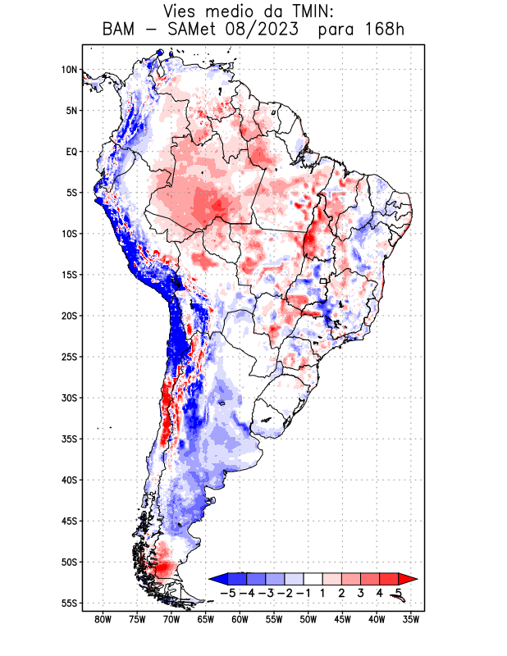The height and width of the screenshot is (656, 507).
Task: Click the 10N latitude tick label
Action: click(69, 70)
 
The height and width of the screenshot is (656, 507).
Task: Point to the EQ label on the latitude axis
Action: click(71, 152)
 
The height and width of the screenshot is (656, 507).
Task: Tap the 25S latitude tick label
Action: click(69, 357)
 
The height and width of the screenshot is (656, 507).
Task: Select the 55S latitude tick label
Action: click(69, 603)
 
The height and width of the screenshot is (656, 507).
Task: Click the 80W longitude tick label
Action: click(103, 619)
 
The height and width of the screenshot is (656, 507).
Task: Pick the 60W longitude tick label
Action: click(240, 619)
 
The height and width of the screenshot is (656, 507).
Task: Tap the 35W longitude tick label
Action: click(411, 619)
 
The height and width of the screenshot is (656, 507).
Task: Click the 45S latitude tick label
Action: click(69, 521)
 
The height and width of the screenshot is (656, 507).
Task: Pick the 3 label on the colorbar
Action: click(360, 592)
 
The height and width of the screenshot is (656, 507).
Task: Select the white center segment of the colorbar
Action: click(313, 578)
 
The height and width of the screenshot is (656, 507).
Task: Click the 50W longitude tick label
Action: click(308, 619)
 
